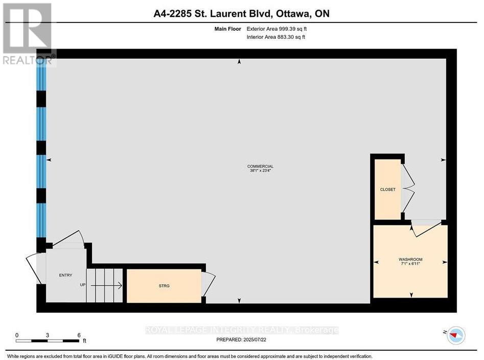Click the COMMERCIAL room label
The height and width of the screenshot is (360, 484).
click(260, 166)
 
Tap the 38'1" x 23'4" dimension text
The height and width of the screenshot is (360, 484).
click(260, 171)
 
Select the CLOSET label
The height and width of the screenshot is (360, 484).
click(387, 190)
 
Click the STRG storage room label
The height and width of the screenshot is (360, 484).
click(164, 286)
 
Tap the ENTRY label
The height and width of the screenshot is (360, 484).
click(65, 276)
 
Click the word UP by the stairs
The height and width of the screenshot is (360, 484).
click(82, 284)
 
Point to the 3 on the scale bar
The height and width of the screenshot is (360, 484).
click(48, 335)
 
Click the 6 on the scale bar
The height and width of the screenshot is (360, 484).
click(79, 335)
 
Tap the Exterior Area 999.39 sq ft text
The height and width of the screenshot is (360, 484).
click(276, 29)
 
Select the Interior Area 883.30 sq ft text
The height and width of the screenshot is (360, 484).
click(276, 37)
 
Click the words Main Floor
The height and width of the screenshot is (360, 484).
click(227, 29)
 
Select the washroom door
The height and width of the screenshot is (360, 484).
click(425, 229)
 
